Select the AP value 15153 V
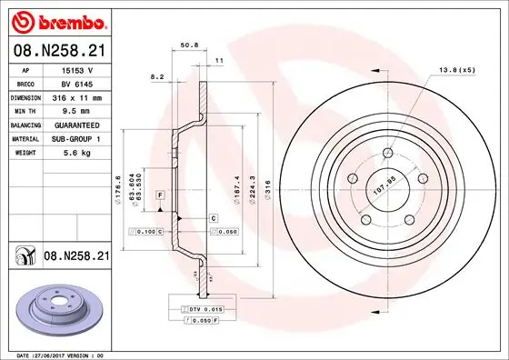click(77, 68)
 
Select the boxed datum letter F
click(159, 195)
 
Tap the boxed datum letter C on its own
click(214, 218)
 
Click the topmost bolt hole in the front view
click(388, 152)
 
